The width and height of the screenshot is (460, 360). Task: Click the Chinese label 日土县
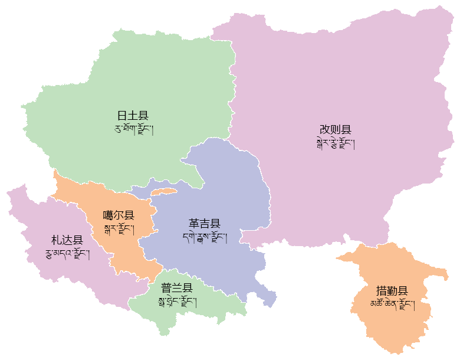coord(133,116)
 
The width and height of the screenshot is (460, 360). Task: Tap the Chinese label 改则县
coord(336,129)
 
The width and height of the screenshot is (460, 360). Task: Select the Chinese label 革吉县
coord(205,224)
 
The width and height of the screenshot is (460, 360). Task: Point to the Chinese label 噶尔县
coord(119,215)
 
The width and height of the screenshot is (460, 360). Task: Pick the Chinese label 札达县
coord(67,240)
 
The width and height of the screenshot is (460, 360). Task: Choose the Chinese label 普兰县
coord(177,288)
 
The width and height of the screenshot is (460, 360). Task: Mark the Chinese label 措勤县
coord(392,291)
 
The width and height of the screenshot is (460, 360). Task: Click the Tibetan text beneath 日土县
coord(133,129)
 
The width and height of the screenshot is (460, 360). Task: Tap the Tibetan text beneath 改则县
coord(336,143)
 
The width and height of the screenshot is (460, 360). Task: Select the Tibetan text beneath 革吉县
coord(205,237)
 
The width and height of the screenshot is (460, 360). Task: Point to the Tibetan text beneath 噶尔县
coord(119,228)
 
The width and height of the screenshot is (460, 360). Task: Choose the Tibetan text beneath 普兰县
coord(177,302)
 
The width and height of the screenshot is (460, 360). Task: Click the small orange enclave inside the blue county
coord(164,191)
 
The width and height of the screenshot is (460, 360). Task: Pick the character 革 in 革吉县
coord(194,224)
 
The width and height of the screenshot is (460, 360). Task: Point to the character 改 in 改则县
coord(325,129)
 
